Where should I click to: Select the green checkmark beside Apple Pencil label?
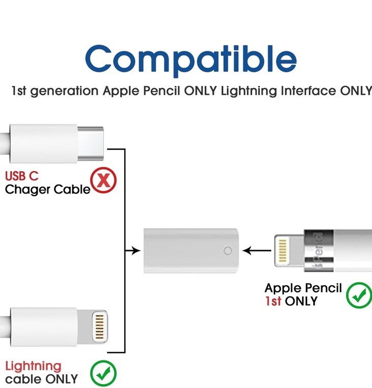tap(359, 295)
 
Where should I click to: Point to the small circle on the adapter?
tap(228, 251)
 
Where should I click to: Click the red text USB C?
tap(21, 176)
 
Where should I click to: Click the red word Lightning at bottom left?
tap(33, 366)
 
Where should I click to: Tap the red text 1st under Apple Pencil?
tap(273, 301)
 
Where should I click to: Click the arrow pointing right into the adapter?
tap(134, 251)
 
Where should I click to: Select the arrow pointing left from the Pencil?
tap(252, 251)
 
